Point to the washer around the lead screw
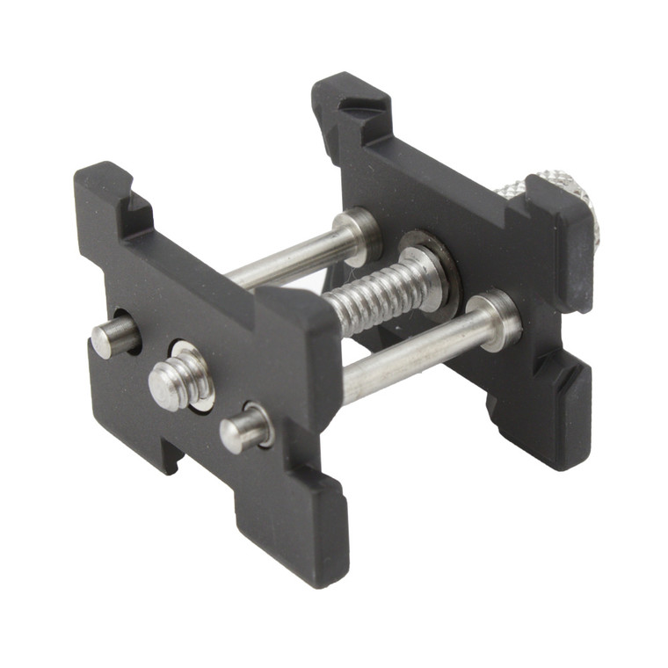point(431,264)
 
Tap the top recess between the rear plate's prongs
point(448,158)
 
